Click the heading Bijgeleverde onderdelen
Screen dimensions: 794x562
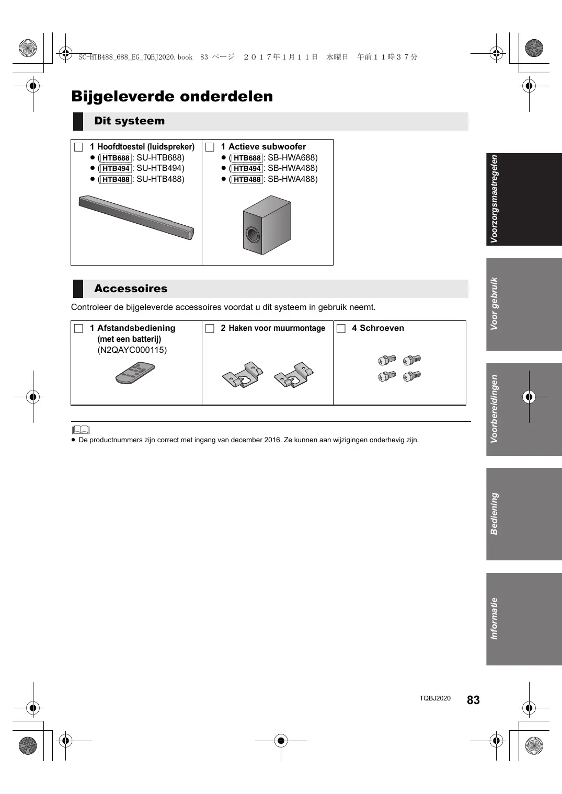tap(172, 97)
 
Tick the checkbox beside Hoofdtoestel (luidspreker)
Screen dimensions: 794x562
tap(79, 147)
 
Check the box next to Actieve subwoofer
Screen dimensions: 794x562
tap(210, 147)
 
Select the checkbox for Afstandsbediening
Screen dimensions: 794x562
tap(79, 329)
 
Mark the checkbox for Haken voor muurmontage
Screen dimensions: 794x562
tap(210, 329)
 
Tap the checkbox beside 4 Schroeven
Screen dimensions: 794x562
tap(341, 329)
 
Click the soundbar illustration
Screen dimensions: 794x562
tap(136, 217)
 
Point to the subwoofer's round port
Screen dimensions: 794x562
tap(252, 235)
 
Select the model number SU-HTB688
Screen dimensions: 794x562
tap(160, 158)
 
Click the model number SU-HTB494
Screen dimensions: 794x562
tap(160, 168)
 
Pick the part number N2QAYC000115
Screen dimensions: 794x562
tap(132, 350)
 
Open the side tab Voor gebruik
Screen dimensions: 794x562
tap(524, 304)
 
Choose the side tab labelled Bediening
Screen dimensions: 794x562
tap(524, 514)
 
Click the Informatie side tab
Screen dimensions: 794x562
tap(524, 619)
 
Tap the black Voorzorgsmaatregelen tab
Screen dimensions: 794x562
tap(524, 199)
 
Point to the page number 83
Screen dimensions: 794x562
tap(473, 700)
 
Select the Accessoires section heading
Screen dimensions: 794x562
tap(131, 289)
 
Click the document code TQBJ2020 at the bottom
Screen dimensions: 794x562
tap(434, 698)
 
